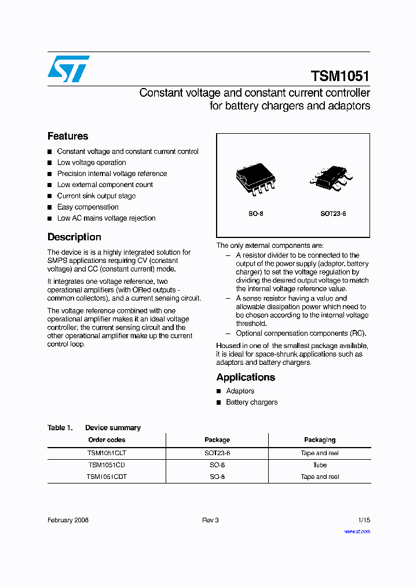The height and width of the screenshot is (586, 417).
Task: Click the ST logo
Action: [68, 69]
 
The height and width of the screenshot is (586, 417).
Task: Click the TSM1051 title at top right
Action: [340, 76]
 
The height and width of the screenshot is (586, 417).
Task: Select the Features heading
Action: [68, 136]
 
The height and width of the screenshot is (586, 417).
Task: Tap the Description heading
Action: [74, 237]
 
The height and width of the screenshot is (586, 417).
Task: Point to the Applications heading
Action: [246, 377]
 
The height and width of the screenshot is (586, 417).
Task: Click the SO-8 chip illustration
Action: [255, 179]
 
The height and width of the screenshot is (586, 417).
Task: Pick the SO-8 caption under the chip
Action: [256, 214]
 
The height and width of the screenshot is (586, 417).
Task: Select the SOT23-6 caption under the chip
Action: [333, 214]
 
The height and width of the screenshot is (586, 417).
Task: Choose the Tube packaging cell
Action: [320, 465]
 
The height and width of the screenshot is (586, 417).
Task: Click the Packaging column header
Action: [320, 440]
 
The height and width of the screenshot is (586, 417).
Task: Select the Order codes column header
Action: [107, 440]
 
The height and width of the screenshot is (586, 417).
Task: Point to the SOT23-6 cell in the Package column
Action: [217, 453]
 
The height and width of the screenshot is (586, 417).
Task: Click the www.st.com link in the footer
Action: [357, 531]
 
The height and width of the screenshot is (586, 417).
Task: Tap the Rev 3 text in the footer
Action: [210, 520]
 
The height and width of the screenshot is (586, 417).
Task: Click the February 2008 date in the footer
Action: [68, 520]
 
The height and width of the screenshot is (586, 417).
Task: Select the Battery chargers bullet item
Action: [251, 402]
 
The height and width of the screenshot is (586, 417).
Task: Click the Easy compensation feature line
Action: [87, 207]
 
